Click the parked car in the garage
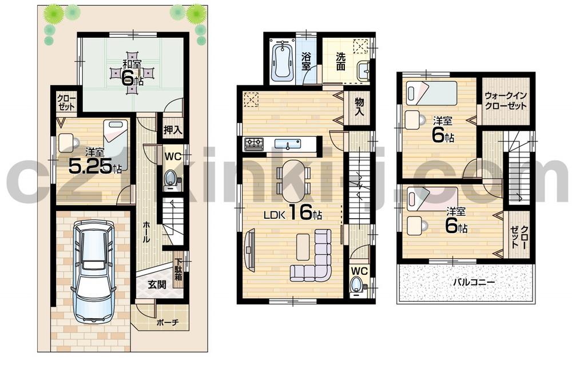(x=93, y=271)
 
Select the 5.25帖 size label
(x=94, y=166)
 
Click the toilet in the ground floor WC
(x=170, y=179)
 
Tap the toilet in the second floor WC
(x=357, y=285)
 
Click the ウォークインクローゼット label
(x=506, y=101)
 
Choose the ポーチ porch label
(x=168, y=322)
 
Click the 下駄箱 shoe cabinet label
(x=178, y=269)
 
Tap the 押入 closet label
(x=172, y=129)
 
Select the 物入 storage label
(x=359, y=107)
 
